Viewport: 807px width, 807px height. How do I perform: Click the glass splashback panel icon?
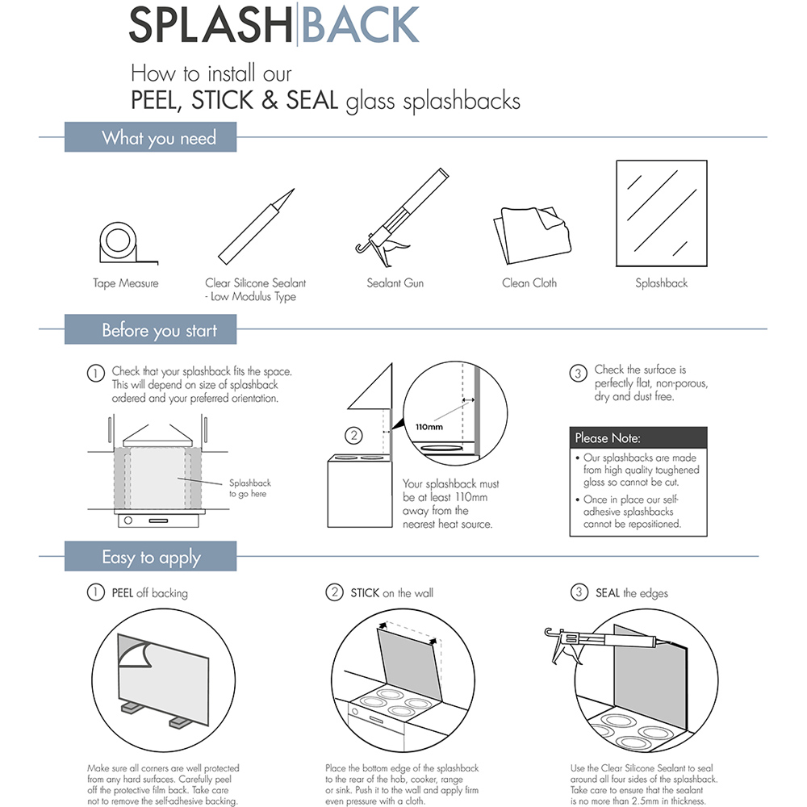(x=661, y=214)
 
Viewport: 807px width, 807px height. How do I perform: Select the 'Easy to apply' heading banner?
(x=150, y=558)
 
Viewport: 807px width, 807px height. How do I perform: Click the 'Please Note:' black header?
(x=638, y=438)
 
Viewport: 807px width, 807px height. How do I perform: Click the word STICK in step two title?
(x=365, y=593)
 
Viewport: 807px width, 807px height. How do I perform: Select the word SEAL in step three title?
(x=608, y=593)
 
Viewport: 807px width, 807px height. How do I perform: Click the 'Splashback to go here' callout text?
(x=249, y=488)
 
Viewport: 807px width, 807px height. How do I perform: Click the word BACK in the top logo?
(x=361, y=26)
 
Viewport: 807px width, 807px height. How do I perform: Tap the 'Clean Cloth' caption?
(x=529, y=283)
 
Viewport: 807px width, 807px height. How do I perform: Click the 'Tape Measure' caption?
(x=125, y=283)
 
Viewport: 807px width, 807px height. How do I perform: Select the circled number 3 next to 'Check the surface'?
(x=578, y=373)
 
